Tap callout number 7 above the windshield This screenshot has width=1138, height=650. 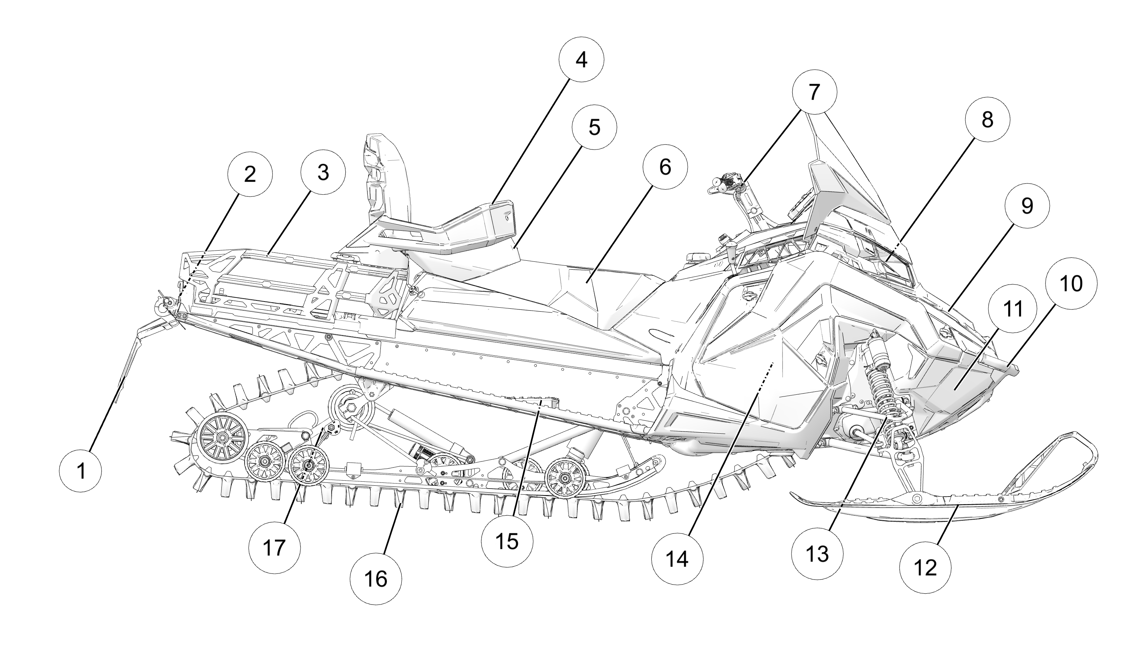[814, 92]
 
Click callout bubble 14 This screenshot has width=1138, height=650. [677, 559]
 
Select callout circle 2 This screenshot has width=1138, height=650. [250, 174]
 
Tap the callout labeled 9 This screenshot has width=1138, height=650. [1027, 206]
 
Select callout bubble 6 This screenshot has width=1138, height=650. [665, 167]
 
